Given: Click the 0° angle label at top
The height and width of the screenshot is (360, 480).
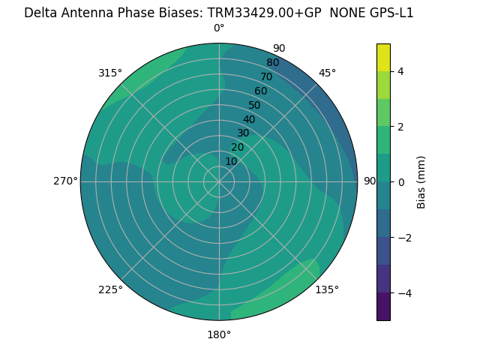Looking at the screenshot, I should click(x=219, y=28).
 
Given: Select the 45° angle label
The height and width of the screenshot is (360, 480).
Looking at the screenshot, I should click(x=328, y=73).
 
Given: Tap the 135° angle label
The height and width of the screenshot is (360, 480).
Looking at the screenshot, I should click(x=327, y=289).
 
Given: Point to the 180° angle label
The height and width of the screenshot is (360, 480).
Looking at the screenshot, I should click(x=219, y=334).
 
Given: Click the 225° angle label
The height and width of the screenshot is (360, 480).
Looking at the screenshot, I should click(x=110, y=289).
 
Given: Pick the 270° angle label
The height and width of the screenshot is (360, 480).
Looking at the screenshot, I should click(x=65, y=181).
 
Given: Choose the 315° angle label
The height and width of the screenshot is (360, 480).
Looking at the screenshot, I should click(x=110, y=73).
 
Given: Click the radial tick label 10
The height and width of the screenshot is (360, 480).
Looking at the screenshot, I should click(x=231, y=161).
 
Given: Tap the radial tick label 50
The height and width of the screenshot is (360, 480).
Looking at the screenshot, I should click(x=254, y=106).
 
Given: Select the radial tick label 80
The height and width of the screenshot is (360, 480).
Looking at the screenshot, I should click(x=272, y=63).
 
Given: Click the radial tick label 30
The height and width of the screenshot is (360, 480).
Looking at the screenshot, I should click(x=243, y=133).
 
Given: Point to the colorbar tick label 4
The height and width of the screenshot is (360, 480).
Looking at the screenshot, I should click(x=401, y=71).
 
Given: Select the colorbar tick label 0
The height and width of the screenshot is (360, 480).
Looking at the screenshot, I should click(x=401, y=182).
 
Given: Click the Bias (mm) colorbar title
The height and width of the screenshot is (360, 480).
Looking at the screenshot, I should click(x=421, y=182).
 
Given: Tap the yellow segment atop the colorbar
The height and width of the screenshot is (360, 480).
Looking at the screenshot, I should click(x=383, y=57).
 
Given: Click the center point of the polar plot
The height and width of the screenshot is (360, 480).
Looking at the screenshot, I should click(x=219, y=181).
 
